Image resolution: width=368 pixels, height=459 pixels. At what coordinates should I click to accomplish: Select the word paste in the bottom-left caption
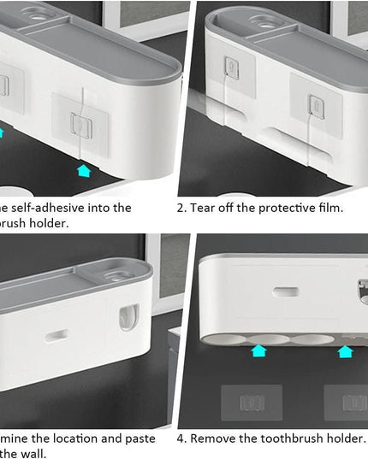pyautogui.click(x=139, y=438)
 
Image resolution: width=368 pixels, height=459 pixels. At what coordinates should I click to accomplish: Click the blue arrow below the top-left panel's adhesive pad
pyautogui.click(x=83, y=170)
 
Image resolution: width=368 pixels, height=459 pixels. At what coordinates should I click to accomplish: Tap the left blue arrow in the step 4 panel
pyautogui.click(x=258, y=350)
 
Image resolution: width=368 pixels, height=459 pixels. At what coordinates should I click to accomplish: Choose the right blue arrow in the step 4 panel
pyautogui.click(x=345, y=350)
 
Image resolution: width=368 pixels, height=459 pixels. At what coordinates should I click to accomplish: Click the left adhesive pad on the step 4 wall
pyautogui.click(x=251, y=402)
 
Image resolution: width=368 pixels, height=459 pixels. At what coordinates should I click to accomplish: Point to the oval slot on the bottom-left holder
pyautogui.click(x=56, y=336)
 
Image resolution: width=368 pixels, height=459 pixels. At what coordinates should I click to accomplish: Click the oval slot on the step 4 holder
pyautogui.click(x=286, y=291)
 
